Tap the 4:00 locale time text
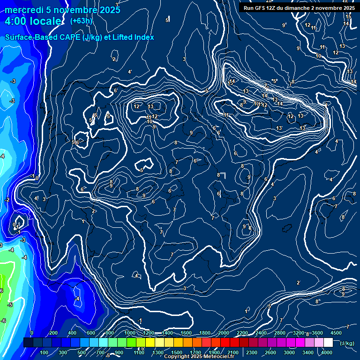tap(33, 21)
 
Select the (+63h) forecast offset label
tap(81, 21)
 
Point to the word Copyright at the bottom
tap(177, 357)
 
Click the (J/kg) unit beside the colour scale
tap(346, 343)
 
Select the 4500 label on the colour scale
tap(336, 333)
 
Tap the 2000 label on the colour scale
tap(224, 333)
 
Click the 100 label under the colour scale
tap(45, 352)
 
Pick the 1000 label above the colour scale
tap(130, 333)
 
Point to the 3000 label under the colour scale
tap(290, 352)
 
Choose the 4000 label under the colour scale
tap(327, 352)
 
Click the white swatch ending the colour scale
tap(328, 343)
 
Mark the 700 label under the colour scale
tap(100, 352)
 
